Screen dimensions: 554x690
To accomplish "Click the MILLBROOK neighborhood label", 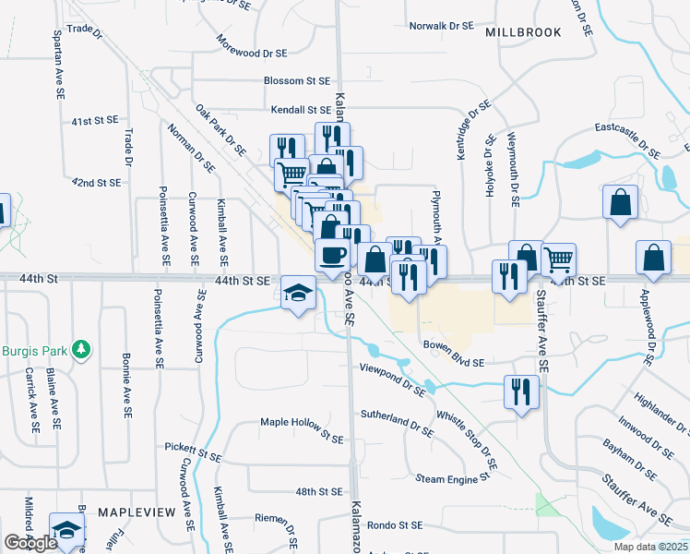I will pyautogui.click(x=523, y=32).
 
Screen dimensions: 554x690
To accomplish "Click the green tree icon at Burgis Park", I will pyautogui.click(x=82, y=349).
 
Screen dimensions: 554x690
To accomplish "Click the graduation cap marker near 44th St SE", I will pyautogui.click(x=298, y=294).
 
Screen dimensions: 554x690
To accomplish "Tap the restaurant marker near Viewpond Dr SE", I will pyautogui.click(x=521, y=391).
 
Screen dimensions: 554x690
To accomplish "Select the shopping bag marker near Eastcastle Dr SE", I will pyautogui.click(x=620, y=202).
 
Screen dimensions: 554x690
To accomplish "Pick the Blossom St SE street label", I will pyautogui.click(x=297, y=81).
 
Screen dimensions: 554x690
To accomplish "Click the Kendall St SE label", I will pyautogui.click(x=301, y=109).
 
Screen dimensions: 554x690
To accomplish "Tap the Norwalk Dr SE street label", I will pyautogui.click(x=441, y=26).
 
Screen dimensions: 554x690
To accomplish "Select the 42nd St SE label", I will pyautogui.click(x=97, y=183).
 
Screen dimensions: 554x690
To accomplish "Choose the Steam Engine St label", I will pyautogui.click(x=452, y=478).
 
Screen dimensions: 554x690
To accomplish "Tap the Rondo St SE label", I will pyautogui.click(x=395, y=525).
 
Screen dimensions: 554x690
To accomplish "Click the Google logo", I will pyautogui.click(x=30, y=543).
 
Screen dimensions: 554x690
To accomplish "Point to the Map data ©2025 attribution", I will pyautogui.click(x=651, y=547).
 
